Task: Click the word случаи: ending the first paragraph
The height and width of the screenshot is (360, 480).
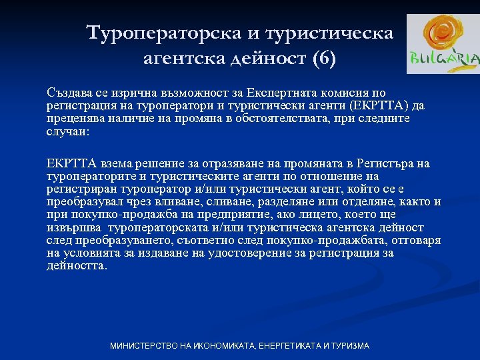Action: click(x=67, y=131)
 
